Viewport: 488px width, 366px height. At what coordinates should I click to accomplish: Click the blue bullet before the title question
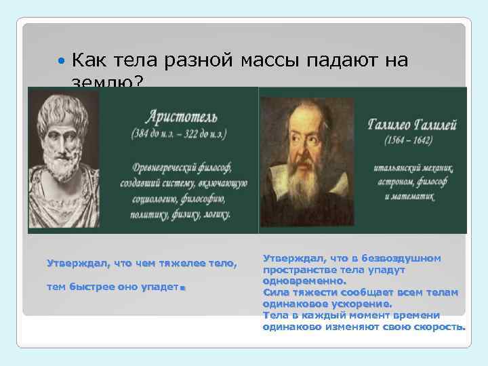click(62, 62)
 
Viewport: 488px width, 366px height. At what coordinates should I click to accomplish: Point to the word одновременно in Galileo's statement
click(304, 281)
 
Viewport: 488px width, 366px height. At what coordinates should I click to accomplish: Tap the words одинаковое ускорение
click(326, 304)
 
